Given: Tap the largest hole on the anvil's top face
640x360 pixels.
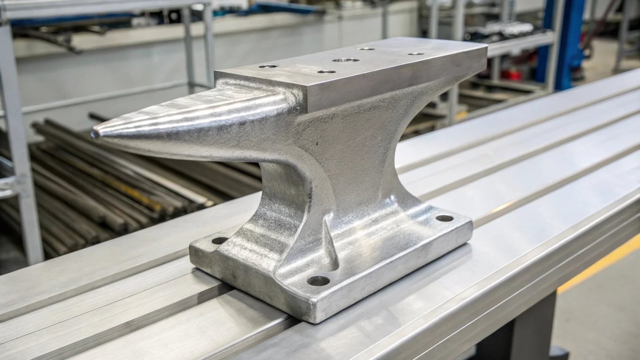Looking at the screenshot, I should click(346, 60).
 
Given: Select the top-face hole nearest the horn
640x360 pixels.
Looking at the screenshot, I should click(268, 66).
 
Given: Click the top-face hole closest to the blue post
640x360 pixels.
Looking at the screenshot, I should click(416, 53).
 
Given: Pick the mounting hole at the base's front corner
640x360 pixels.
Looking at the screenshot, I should click(318, 280).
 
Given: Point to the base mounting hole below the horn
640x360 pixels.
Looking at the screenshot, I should click(220, 240).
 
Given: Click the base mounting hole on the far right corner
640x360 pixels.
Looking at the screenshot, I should click(444, 218).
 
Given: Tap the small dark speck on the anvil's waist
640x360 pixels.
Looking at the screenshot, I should click(317, 142).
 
